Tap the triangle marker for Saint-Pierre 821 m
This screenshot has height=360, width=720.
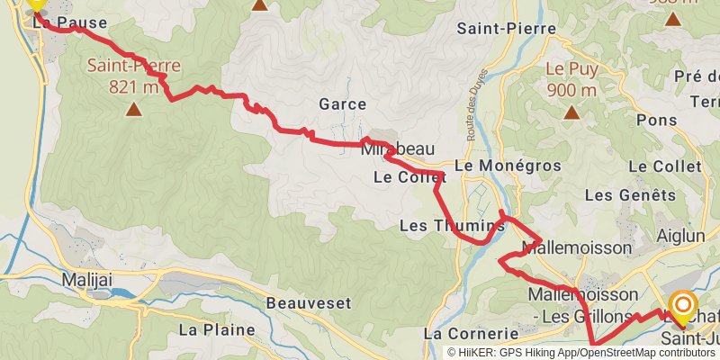pyautogui.click(x=134, y=110)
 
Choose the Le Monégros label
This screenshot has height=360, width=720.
pyautogui.click(x=508, y=166)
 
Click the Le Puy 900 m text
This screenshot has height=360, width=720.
pyautogui.click(x=571, y=78)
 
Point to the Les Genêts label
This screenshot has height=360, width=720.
pyautogui.click(x=630, y=194)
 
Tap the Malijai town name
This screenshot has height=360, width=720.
pyautogui.click(x=87, y=280)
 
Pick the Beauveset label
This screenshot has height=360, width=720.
pyautogui.click(x=309, y=303)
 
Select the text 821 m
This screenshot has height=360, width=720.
pyautogui.click(x=134, y=86)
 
